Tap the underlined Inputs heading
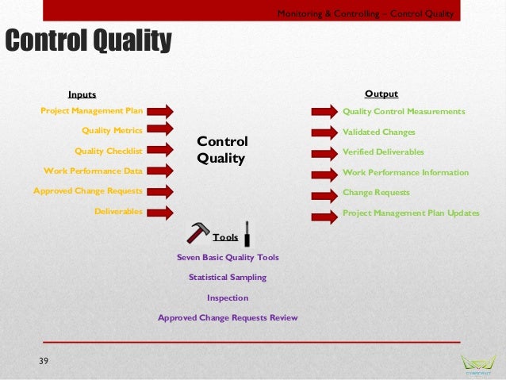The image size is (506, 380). pyautogui.click(x=82, y=94)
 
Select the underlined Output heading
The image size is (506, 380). pyautogui.click(x=381, y=94)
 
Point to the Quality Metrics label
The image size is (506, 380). pyautogui.click(x=112, y=130)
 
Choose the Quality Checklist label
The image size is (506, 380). pyautogui.click(x=108, y=150)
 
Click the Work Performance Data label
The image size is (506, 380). pyautogui.click(x=93, y=170)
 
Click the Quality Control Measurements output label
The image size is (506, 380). pyautogui.click(x=404, y=112)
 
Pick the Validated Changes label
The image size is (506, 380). pyautogui.click(x=378, y=132)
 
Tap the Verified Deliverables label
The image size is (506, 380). pyautogui.click(x=383, y=152)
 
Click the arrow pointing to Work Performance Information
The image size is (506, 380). pyautogui.click(x=324, y=173)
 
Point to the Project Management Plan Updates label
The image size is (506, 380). pyautogui.click(x=411, y=213)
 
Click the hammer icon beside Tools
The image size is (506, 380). pyautogui.click(x=197, y=232)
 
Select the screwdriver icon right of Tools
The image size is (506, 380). pyautogui.click(x=248, y=233)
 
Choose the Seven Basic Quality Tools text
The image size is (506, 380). pyautogui.click(x=228, y=257)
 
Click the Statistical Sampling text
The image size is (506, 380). pyautogui.click(x=227, y=277)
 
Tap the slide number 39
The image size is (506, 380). pyautogui.click(x=44, y=362)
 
